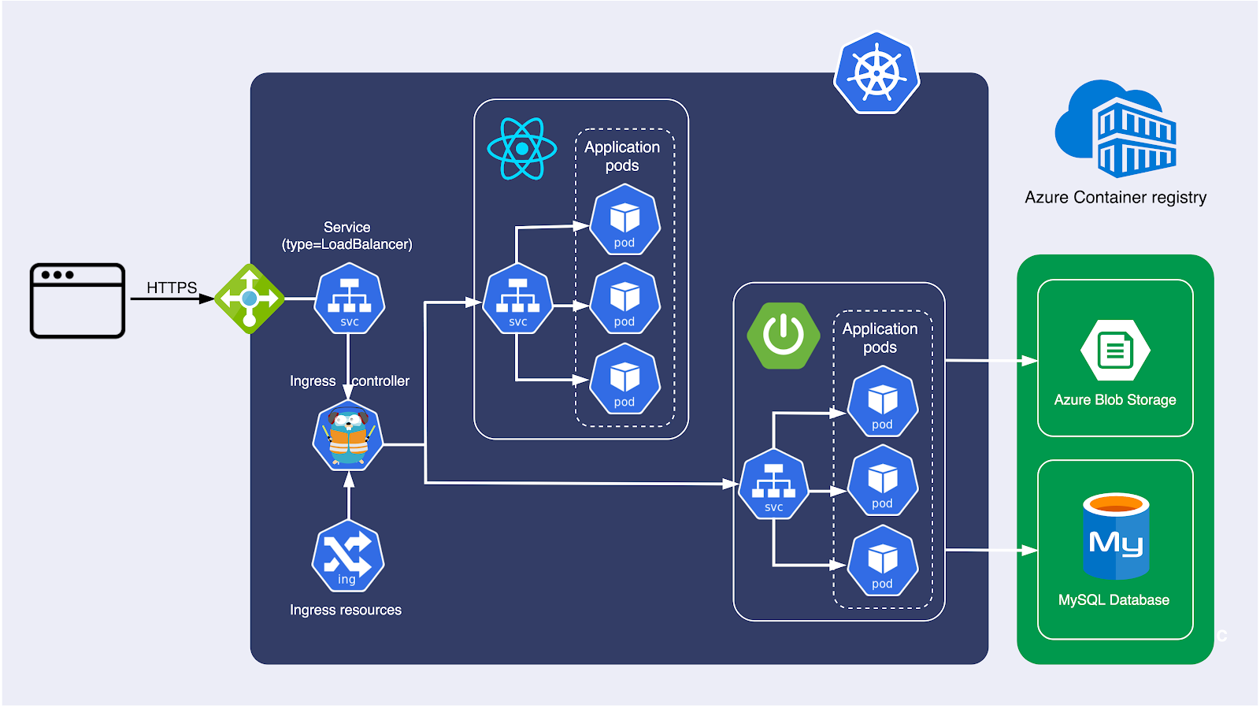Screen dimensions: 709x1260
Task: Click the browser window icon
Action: point(77,300)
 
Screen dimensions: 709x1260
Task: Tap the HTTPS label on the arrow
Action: point(172,288)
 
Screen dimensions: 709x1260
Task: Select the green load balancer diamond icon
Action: point(249,299)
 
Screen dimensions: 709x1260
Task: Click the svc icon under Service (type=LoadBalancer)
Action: point(349,299)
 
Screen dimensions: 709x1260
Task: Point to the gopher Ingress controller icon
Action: point(348,436)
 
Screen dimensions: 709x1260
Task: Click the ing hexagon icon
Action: point(347,556)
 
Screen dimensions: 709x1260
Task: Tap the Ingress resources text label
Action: point(345,610)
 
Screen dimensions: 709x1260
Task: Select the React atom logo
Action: point(521,148)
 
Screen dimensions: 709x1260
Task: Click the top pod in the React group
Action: point(624,220)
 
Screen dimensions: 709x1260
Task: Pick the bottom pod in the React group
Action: point(624,379)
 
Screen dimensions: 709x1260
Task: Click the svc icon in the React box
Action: point(517,299)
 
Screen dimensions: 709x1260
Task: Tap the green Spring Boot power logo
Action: point(783,336)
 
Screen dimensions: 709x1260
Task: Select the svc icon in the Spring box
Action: point(773,484)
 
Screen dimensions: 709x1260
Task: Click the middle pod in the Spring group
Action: point(882,481)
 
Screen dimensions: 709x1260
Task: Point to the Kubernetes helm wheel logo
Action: point(876,73)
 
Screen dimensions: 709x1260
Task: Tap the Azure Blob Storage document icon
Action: point(1115,351)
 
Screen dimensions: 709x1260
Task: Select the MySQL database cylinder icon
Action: point(1115,536)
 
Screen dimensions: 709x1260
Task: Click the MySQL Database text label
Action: point(1114,600)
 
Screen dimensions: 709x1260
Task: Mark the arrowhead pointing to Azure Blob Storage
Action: point(1029,361)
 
